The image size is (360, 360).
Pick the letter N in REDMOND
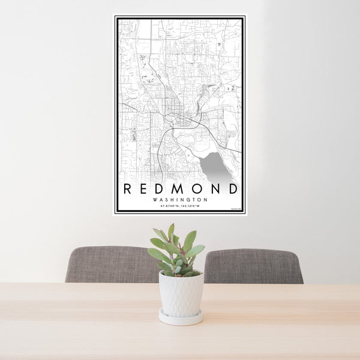click(215, 188)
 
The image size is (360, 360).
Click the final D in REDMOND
click(233, 188)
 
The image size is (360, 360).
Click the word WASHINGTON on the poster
click(180, 200)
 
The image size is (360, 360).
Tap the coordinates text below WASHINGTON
click(180, 206)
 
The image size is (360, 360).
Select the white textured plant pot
click(181, 293)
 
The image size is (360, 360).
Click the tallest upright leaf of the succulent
click(171, 232)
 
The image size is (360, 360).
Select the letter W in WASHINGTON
click(155, 200)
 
